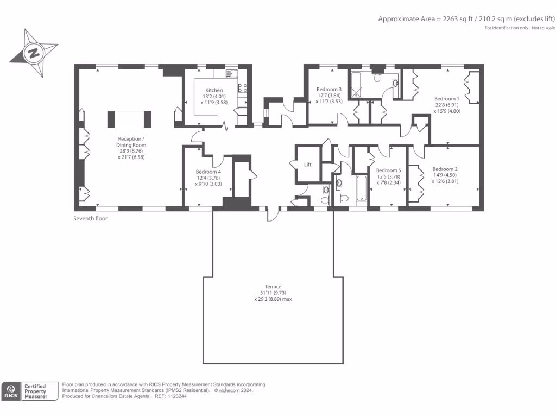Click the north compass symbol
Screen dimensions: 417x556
[34, 53]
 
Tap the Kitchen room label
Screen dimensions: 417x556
[213, 90]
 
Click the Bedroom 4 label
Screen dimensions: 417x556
[208, 172]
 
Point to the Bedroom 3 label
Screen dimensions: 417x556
[329, 89]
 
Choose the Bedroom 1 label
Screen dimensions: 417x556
[446, 98]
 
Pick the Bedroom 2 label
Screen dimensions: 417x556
[445, 169]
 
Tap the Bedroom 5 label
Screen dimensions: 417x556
[388, 169]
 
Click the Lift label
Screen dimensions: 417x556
[307, 165]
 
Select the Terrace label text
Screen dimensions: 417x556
[273, 287]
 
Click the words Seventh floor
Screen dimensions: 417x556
[90, 219]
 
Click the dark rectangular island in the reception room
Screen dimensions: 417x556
[129, 118]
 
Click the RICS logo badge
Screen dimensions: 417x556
[11, 391]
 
